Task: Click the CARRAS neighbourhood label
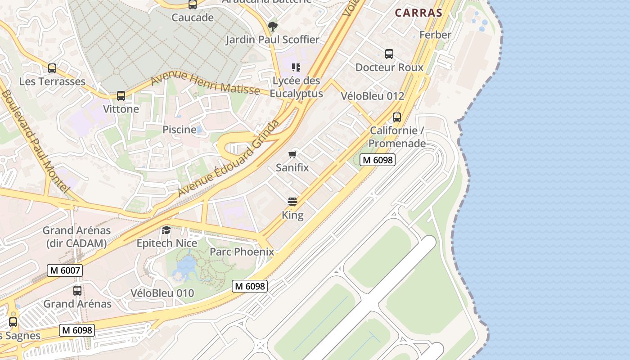pyautogui.click(x=418, y=13)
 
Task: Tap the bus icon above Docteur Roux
pyautogui.click(x=389, y=54)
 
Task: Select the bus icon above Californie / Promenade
pyautogui.click(x=397, y=117)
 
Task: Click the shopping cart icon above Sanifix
pyautogui.click(x=292, y=155)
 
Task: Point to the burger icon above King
pyautogui.click(x=292, y=201)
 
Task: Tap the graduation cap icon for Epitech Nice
pyautogui.click(x=166, y=230)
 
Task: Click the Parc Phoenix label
pyautogui.click(x=242, y=251)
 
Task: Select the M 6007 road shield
pyautogui.click(x=65, y=270)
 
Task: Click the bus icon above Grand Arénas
pyautogui.click(x=77, y=291)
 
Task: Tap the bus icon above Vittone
pyautogui.click(x=121, y=96)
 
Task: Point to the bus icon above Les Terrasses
pyautogui.click(x=52, y=68)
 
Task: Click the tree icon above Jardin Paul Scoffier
pyautogui.click(x=272, y=26)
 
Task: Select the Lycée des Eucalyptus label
pyautogui.click(x=297, y=87)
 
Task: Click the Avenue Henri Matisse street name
pyautogui.click(x=205, y=83)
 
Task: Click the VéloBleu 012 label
pyautogui.click(x=373, y=96)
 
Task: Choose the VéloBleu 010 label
pyautogui.click(x=162, y=293)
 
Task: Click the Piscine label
pyautogui.click(x=180, y=130)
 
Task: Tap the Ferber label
pyautogui.click(x=435, y=35)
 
